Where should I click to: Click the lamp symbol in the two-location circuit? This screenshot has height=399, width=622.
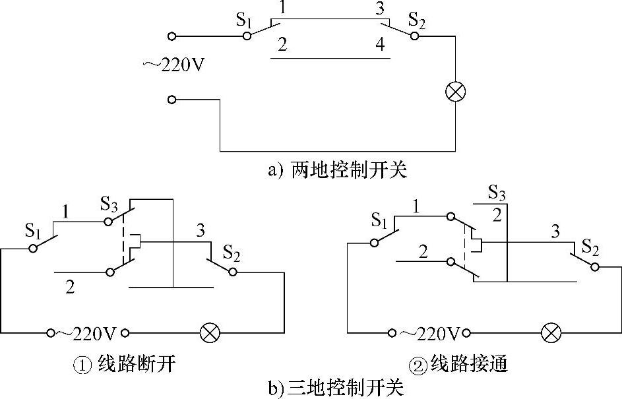454,94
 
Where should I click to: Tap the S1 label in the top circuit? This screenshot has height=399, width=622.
245,20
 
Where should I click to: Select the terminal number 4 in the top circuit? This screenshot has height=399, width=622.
379,46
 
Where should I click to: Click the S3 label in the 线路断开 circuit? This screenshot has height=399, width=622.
109,203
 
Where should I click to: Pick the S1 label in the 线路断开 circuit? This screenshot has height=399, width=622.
34,230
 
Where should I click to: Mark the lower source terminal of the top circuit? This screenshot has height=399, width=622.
172,100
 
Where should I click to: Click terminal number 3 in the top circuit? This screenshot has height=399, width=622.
379,10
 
